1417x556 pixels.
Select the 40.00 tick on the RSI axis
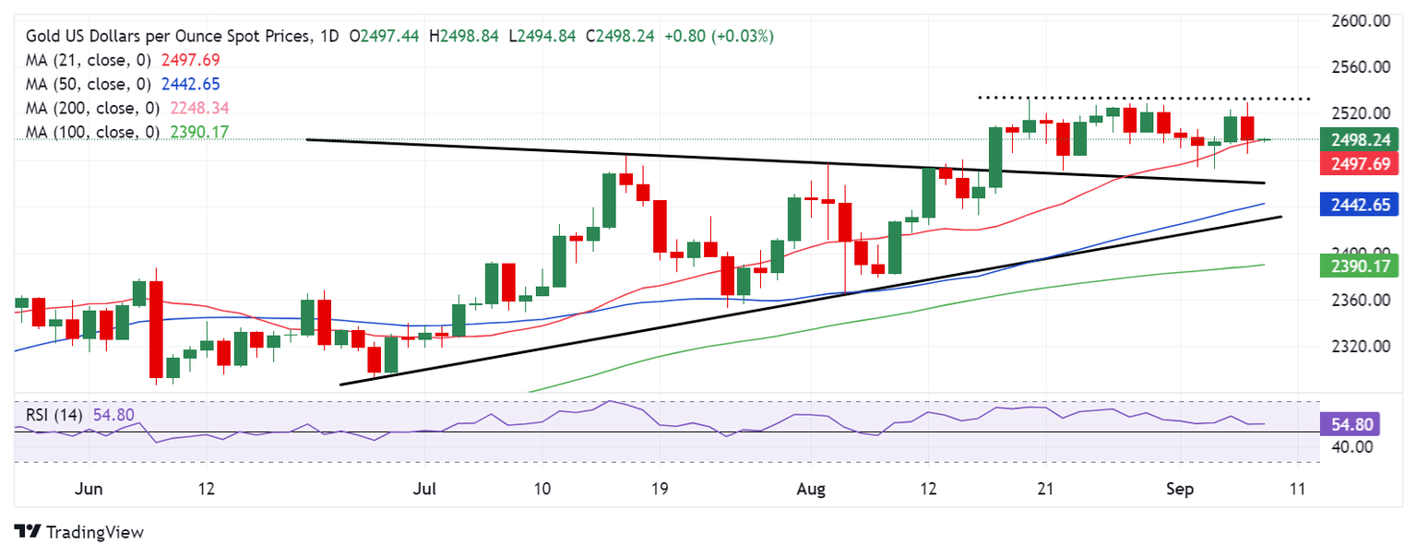point(1354,448)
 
